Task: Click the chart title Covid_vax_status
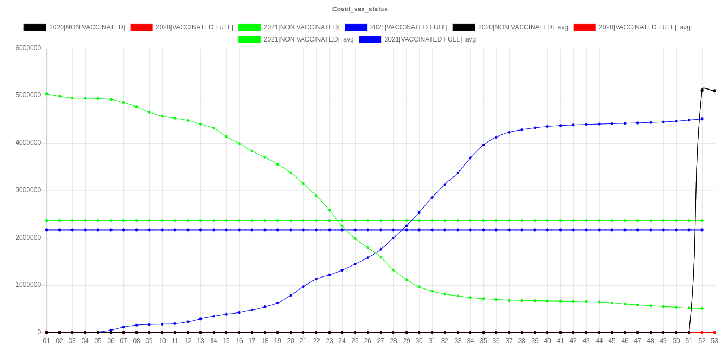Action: pyautogui.click(x=360, y=9)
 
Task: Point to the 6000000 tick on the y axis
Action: pyautogui.click(x=28, y=48)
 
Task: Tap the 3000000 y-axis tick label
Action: pyautogui.click(x=28, y=190)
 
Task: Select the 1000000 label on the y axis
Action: pyautogui.click(x=28, y=285)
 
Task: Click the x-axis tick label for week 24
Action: pyautogui.click(x=342, y=341)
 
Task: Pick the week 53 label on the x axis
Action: pyautogui.click(x=715, y=341)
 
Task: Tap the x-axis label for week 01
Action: pyautogui.click(x=46, y=341)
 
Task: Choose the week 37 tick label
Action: pyautogui.click(x=509, y=341)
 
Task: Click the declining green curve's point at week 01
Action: pyautogui.click(x=46, y=94)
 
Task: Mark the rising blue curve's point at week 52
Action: pyautogui.click(x=702, y=119)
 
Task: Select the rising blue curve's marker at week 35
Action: pyautogui.click(x=483, y=145)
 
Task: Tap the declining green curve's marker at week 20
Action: pyautogui.click(x=291, y=173)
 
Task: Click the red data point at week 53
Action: pyautogui.click(x=715, y=332)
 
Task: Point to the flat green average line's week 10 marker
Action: pyautogui.click(x=162, y=221)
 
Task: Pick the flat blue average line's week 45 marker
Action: pyautogui.click(x=612, y=230)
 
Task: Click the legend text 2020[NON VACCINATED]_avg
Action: pyautogui.click(x=523, y=27)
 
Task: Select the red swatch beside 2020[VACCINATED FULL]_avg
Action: pyautogui.click(x=585, y=27)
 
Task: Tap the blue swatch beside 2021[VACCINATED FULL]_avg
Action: pyautogui.click(x=370, y=39)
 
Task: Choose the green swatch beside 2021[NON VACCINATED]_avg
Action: pyautogui.click(x=250, y=39)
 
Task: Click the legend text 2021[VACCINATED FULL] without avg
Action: pyautogui.click(x=409, y=27)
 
